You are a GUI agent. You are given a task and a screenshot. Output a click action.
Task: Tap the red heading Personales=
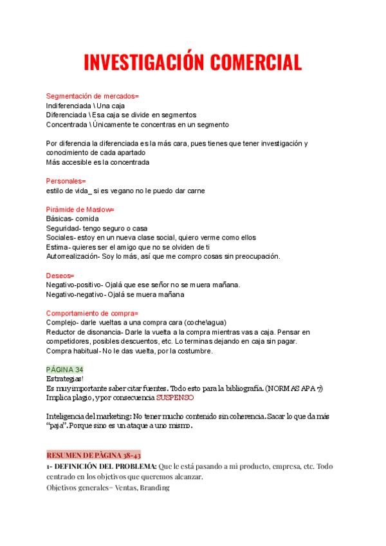66,182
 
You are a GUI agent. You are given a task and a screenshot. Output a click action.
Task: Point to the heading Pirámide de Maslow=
80,210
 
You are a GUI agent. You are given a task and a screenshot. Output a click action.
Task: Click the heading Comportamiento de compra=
92,313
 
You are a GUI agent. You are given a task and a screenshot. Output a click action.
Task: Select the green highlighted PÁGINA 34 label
65,369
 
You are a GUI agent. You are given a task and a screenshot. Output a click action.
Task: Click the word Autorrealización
72,257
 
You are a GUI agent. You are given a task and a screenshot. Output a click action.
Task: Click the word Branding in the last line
154,487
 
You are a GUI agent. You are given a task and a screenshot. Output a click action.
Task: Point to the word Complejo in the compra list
62,323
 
